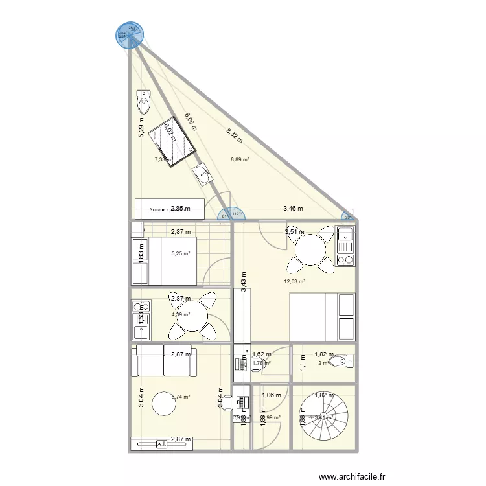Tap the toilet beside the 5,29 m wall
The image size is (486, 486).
click(144, 102)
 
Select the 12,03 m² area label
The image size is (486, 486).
click(294, 281)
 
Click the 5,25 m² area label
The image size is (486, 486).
click(181, 253)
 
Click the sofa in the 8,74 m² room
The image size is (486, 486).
click(163, 362)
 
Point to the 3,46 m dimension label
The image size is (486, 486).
click(293, 209)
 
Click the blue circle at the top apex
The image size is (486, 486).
click(130, 34)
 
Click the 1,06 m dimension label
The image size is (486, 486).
click(271, 395)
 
